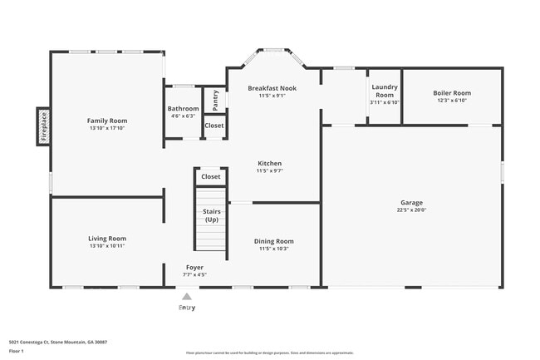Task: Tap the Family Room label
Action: click(107, 121)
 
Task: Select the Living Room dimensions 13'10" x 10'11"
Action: click(107, 246)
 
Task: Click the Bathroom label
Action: click(183, 109)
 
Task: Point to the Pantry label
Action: click(215, 101)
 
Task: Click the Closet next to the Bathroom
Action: click(214, 126)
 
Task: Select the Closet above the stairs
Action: click(211, 176)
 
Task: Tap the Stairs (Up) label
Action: click(211, 215)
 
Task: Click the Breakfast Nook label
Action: click(272, 88)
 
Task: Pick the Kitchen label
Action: click(269, 163)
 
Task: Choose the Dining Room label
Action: click(273, 241)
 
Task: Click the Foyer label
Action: click(194, 267)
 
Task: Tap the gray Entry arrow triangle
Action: click(187, 295)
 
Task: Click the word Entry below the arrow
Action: click(187, 308)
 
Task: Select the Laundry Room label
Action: click(385, 91)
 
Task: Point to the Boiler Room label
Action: click(453, 93)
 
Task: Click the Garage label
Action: click(411, 203)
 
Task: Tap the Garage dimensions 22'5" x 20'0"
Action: click(411, 210)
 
